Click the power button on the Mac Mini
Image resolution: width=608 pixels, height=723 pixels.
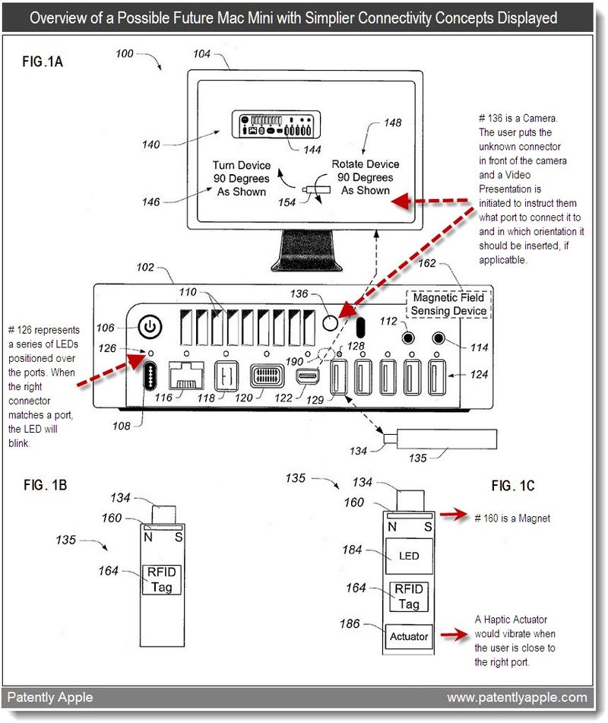150,327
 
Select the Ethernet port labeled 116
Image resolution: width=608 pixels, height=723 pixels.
186,376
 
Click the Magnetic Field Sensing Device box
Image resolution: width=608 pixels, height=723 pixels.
448,304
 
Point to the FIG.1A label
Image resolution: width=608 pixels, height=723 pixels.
43,62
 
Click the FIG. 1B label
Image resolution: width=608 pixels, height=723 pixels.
45,485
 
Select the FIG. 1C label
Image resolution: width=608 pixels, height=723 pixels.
512,486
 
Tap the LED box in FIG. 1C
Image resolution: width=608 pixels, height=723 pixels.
408,556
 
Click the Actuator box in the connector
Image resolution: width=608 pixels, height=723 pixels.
409,636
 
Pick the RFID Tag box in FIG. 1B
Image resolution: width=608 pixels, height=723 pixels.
161,579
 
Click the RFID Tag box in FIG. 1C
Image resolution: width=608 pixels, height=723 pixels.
409,597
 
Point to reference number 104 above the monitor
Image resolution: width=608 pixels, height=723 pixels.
201,54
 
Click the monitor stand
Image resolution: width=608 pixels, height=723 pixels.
306,250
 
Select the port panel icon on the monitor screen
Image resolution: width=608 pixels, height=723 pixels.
276,124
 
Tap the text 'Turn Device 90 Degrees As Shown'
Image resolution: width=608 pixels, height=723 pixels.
242,179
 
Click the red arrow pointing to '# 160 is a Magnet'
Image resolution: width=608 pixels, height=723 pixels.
454,515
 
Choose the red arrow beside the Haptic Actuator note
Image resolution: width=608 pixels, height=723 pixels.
454,635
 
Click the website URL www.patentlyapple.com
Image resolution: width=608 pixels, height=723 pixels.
518,697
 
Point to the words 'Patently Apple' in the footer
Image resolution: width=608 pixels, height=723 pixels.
50,697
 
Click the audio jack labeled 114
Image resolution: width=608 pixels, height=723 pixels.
439,338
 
